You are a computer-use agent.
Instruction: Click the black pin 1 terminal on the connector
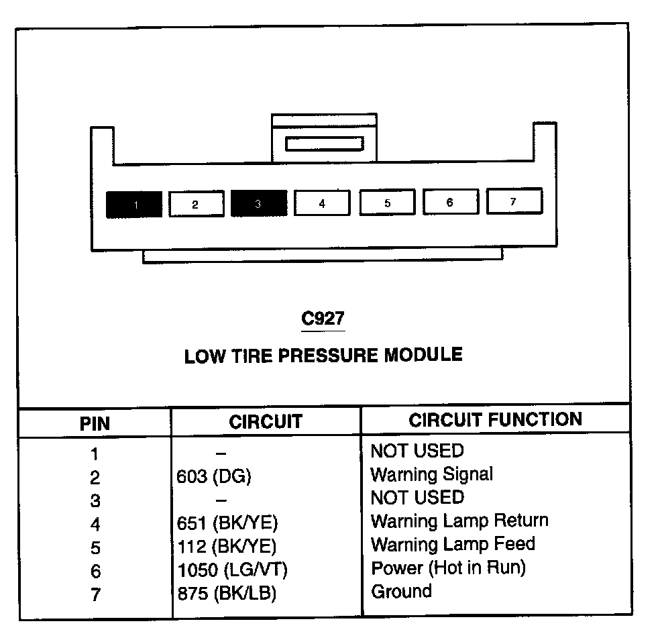[x=134, y=204]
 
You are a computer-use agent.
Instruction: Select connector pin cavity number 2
[x=195, y=204]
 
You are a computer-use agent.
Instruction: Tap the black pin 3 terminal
[x=258, y=203]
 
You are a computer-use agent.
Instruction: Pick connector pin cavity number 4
[x=322, y=203]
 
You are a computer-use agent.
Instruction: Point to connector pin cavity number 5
[x=387, y=202]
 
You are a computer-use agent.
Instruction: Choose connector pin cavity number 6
[x=450, y=201]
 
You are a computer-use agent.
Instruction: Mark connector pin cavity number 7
[x=514, y=201]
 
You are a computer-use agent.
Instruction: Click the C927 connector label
[x=323, y=319]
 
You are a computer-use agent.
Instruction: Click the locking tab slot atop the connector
[x=324, y=144]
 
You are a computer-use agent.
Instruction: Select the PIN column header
[x=95, y=424]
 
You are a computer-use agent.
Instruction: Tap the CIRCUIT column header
[x=266, y=422]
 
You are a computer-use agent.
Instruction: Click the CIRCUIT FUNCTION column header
[x=496, y=420]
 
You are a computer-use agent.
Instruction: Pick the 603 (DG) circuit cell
[x=213, y=477]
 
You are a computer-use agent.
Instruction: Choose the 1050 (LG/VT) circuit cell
[x=232, y=570]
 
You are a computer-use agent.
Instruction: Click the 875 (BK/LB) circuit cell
[x=227, y=594]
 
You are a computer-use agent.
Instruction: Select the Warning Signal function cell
[x=432, y=475]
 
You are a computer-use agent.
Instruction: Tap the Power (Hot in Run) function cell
[x=448, y=568]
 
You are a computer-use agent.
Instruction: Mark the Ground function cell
[x=401, y=592]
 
